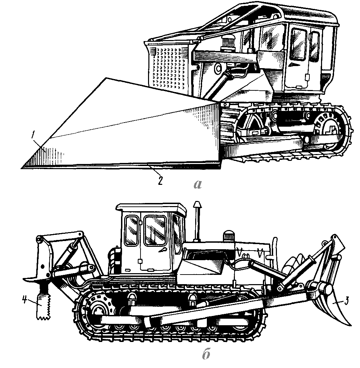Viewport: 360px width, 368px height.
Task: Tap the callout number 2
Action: click(159, 180)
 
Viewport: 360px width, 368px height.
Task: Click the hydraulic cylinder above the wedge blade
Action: click(219, 82)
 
